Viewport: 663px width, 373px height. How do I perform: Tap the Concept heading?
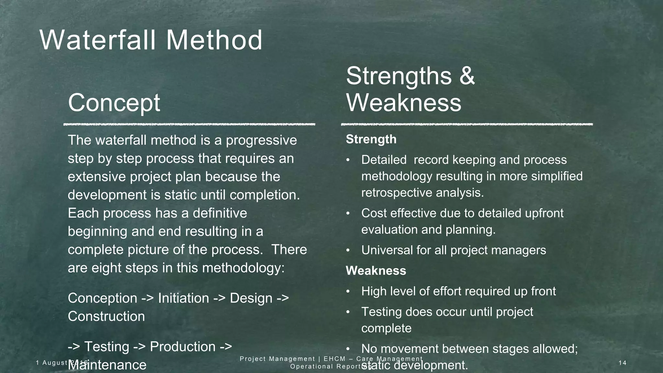(x=114, y=103)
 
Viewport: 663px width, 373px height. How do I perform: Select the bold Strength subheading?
(x=371, y=139)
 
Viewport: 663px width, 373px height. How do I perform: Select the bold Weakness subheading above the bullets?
(x=376, y=271)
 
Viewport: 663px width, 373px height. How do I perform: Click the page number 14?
(x=622, y=363)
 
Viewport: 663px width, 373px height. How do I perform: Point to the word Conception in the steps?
(x=102, y=298)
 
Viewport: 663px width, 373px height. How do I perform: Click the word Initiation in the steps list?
(x=183, y=298)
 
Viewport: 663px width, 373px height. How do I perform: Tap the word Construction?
(x=106, y=316)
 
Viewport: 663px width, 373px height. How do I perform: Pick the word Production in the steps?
(x=182, y=347)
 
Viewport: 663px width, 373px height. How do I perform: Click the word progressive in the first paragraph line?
(x=261, y=141)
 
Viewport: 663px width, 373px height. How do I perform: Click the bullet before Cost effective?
(x=348, y=213)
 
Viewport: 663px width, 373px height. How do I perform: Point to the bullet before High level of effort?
(x=348, y=291)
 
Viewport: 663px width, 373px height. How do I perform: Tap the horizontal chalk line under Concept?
(x=189, y=124)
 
